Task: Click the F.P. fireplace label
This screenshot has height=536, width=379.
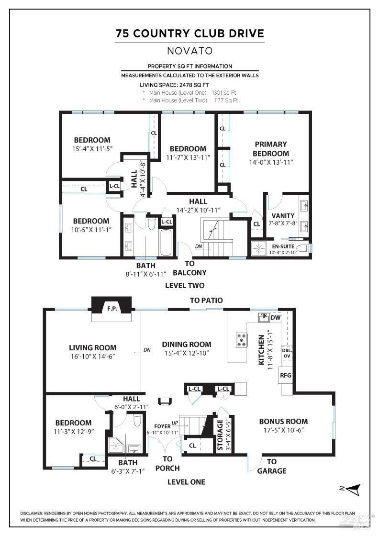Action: pyautogui.click(x=112, y=308)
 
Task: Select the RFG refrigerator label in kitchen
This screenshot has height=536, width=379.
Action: pyautogui.click(x=286, y=376)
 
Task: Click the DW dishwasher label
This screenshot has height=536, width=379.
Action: pyautogui.click(x=275, y=317)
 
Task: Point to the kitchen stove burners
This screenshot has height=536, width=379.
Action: pyautogui.click(x=242, y=340)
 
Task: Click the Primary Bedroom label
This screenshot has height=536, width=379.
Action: pyautogui.click(x=271, y=148)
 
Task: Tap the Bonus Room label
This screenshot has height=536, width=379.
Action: pyautogui.click(x=283, y=422)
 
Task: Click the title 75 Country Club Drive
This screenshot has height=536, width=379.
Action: pyautogui.click(x=189, y=33)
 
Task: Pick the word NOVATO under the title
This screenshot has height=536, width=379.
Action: pyautogui.click(x=189, y=50)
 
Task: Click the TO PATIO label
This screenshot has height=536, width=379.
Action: pyautogui.click(x=206, y=300)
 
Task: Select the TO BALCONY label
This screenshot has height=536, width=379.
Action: pyautogui.click(x=189, y=268)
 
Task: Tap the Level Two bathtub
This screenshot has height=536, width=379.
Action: pyautogui.click(x=166, y=243)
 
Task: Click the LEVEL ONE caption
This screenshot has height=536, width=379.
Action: pyautogui.click(x=186, y=482)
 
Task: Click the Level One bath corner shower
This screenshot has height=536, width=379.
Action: pyautogui.click(x=116, y=446)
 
